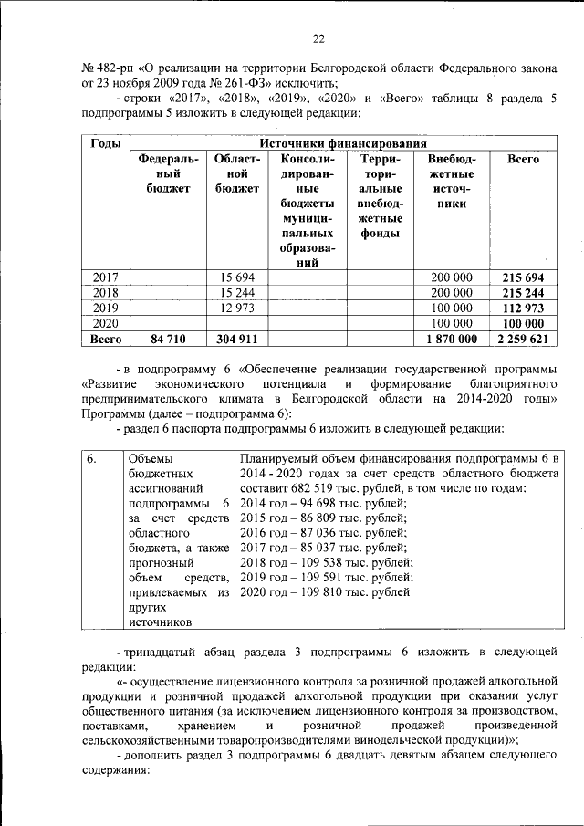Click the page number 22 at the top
(318, 38)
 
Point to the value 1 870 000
(450, 339)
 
